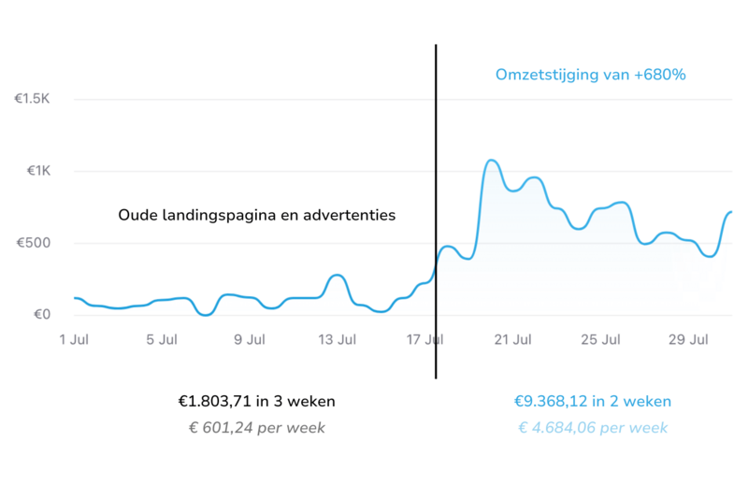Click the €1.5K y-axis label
32,98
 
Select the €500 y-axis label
34,243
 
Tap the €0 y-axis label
38,314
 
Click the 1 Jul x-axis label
74,340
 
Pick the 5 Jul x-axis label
162,340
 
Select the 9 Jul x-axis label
250,340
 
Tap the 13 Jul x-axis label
338,340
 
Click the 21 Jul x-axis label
514,340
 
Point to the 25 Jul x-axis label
602,340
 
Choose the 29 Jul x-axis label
690,340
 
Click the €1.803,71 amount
215,402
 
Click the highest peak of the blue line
492,161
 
